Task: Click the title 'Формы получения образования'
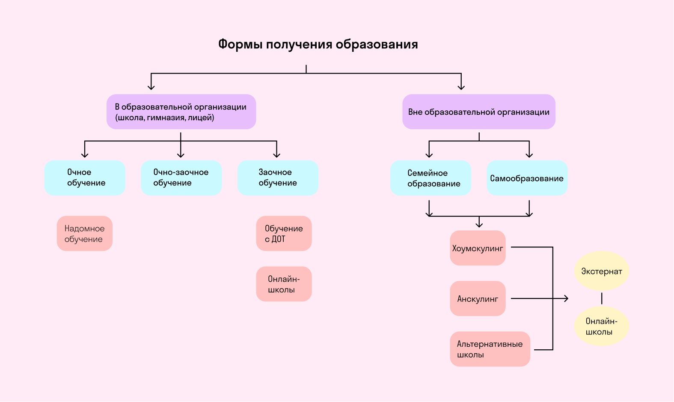tap(318, 45)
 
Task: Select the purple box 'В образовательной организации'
tap(181, 112)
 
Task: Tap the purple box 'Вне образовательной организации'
tap(478, 112)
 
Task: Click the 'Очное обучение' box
tap(85, 178)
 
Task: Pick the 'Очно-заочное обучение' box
tap(181, 178)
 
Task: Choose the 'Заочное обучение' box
tap(278, 178)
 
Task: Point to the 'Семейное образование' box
tap(431, 178)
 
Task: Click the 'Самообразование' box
tap(527, 178)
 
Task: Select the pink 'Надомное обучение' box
tap(84, 233)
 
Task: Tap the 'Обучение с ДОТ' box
tap(284, 233)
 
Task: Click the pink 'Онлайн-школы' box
tap(284, 284)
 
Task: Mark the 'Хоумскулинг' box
tap(478, 248)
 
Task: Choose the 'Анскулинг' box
tap(478, 298)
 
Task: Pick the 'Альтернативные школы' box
tap(490, 349)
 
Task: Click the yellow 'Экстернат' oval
tap(601, 271)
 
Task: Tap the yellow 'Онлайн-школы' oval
tap(601, 326)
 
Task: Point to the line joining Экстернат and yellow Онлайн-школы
tap(602, 298)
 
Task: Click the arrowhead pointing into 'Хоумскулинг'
tap(479, 225)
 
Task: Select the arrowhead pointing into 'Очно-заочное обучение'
tap(181, 155)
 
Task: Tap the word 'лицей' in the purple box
tap(201, 118)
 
